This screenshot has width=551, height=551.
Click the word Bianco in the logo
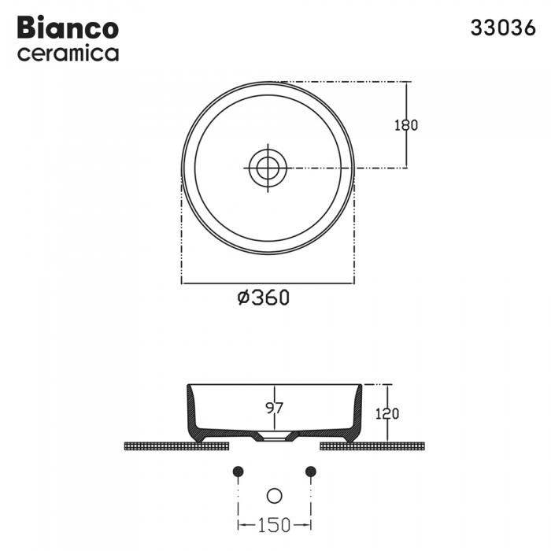coord(68,28)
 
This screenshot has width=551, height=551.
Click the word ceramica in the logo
coord(68,54)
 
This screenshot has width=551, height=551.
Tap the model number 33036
coord(503,28)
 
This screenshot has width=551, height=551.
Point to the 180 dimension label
coord(406,125)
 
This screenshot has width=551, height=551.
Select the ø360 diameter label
coord(264,298)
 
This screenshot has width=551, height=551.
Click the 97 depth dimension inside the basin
coord(272,409)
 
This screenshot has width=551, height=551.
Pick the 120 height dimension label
coord(387,413)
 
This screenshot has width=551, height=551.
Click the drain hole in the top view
coord(268,167)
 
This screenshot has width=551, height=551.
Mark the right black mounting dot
coord(310,471)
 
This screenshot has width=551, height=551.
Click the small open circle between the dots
coord(274,495)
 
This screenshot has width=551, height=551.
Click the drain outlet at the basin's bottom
coord(273,438)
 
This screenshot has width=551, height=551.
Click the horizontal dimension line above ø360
coord(268,283)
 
